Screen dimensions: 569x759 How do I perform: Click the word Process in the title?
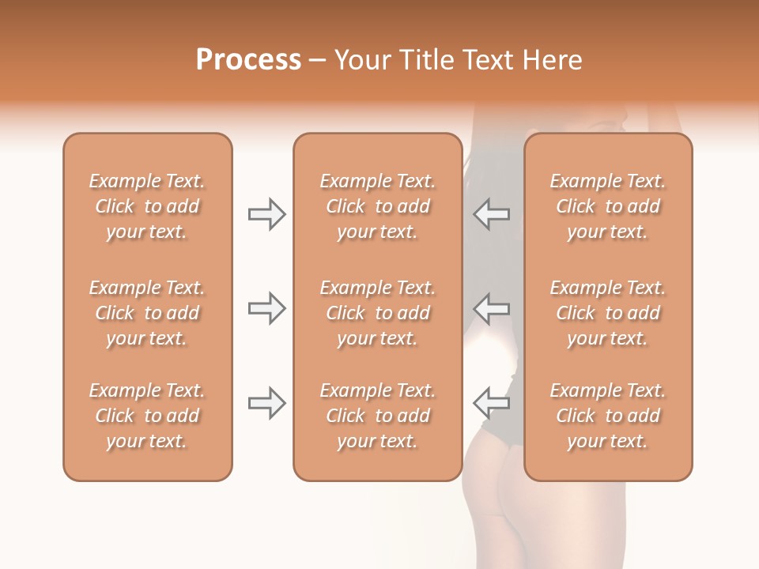coord(248,60)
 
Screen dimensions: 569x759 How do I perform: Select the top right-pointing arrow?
coord(266,214)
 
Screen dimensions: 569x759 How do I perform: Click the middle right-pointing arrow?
coord(266,308)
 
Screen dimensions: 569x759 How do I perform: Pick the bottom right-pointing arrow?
coord(266,403)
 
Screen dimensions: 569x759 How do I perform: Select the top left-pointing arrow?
coord(491,214)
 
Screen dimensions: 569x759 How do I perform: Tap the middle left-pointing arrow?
coord(491,308)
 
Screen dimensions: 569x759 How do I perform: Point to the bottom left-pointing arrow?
coord(491,403)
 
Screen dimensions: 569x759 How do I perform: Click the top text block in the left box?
coord(147,206)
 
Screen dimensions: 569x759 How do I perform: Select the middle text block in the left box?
coord(147,313)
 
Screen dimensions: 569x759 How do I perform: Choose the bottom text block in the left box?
coord(147,416)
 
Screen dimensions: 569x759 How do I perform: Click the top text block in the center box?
coord(377,206)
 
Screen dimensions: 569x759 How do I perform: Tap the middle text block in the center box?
coord(377,313)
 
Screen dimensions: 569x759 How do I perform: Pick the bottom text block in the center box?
coord(377,416)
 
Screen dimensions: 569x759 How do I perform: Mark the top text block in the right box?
coord(607,206)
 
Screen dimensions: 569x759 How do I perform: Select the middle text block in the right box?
coord(607,313)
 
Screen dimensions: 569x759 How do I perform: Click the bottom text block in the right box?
coord(607,416)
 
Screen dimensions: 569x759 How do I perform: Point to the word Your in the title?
coord(361,60)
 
